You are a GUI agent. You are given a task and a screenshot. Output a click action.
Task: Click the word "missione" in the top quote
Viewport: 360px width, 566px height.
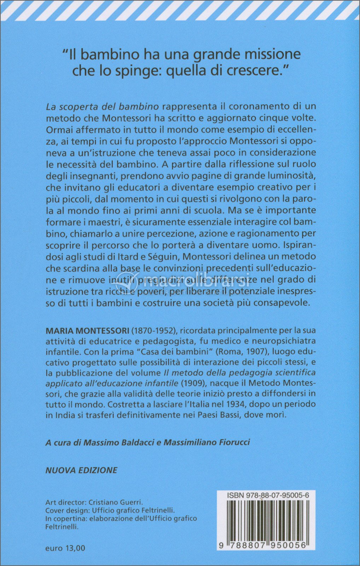269,54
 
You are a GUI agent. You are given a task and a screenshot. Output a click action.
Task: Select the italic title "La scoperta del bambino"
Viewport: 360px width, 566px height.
102,106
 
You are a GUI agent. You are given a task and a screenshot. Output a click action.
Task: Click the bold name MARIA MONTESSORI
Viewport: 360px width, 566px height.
87,331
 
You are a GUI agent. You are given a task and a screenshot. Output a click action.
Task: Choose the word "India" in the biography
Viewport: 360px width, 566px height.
65,415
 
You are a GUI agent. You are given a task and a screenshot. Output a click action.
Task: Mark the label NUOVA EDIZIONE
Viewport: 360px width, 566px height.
81,470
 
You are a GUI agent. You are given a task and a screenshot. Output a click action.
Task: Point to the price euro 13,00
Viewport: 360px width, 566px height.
65,548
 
